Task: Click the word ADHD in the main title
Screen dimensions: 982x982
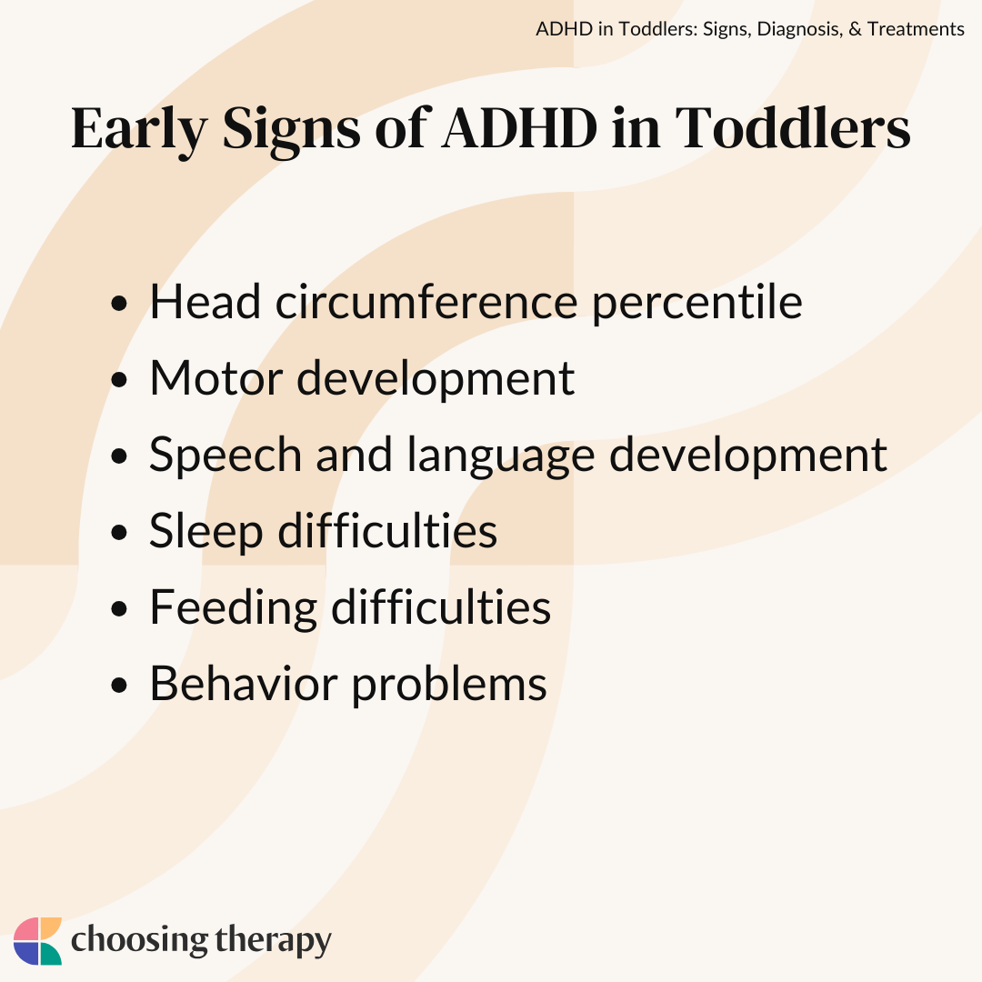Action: coord(520,128)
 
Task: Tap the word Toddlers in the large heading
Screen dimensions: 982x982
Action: coord(793,128)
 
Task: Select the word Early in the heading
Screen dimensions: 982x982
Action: coord(139,132)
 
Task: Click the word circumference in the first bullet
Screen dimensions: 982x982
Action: coord(426,302)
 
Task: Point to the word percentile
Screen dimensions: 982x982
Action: coord(697,305)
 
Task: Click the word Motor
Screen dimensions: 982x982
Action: coord(216,378)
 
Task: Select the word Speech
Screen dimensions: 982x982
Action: coord(225,456)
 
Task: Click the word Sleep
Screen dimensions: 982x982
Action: coord(206,533)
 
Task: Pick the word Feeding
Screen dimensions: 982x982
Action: coord(234,608)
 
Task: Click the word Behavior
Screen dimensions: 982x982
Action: coord(244,683)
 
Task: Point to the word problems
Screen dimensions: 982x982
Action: coord(449,686)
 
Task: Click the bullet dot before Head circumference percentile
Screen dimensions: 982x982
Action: coord(119,304)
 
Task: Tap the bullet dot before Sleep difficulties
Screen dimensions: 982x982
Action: coord(119,532)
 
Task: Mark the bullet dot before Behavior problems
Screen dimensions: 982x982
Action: coord(119,686)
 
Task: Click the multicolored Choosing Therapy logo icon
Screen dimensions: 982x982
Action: coord(37,941)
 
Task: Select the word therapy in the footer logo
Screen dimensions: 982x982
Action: coord(273,941)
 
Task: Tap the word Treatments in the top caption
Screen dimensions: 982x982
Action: coord(916,29)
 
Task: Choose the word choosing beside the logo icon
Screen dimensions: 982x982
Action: coord(139,941)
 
